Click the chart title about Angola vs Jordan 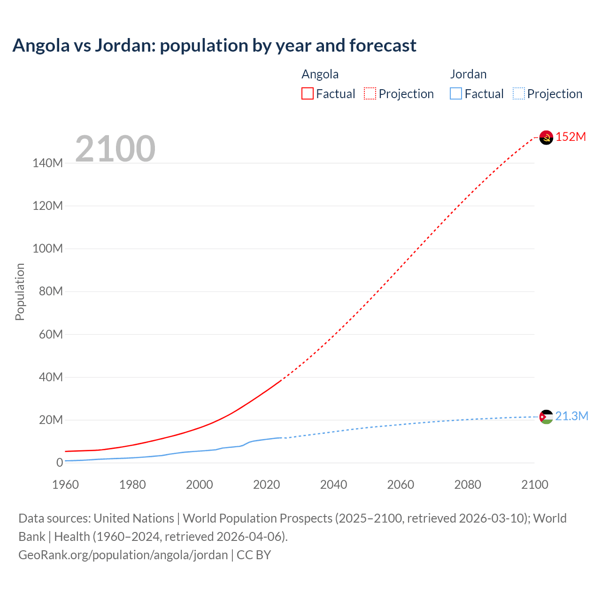[x=214, y=46]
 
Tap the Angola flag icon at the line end [x=546, y=138]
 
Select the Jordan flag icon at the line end [x=546, y=417]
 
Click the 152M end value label [x=570, y=137]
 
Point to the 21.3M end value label [x=571, y=416]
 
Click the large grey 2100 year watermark [x=115, y=149]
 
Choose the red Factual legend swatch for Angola [x=308, y=94]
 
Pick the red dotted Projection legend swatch [x=370, y=94]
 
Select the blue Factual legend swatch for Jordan [x=456, y=94]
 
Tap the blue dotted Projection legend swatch [x=519, y=94]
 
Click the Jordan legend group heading [x=468, y=74]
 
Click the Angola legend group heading [x=320, y=74]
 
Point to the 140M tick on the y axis [x=47, y=163]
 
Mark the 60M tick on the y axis [x=50, y=334]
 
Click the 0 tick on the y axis [x=59, y=463]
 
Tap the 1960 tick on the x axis [x=65, y=485]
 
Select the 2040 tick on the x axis [x=333, y=485]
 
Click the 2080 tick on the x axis [x=468, y=485]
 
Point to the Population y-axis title [x=20, y=292]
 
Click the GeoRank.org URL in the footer [x=123, y=555]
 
